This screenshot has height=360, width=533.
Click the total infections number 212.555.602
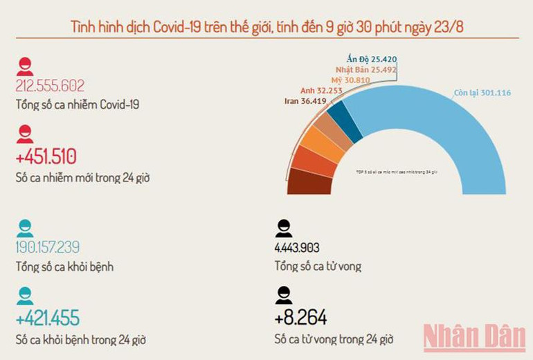[50, 86]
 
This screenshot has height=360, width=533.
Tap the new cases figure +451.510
[46, 156]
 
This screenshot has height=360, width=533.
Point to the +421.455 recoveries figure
[48, 318]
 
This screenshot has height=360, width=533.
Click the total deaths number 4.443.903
[297, 248]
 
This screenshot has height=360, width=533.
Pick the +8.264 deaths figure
[300, 318]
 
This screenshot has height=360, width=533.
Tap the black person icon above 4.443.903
[283, 228]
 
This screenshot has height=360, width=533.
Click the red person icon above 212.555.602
[25, 66]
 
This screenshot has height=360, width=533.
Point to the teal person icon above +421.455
[25, 296]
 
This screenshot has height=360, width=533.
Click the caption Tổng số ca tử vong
[317, 267]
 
